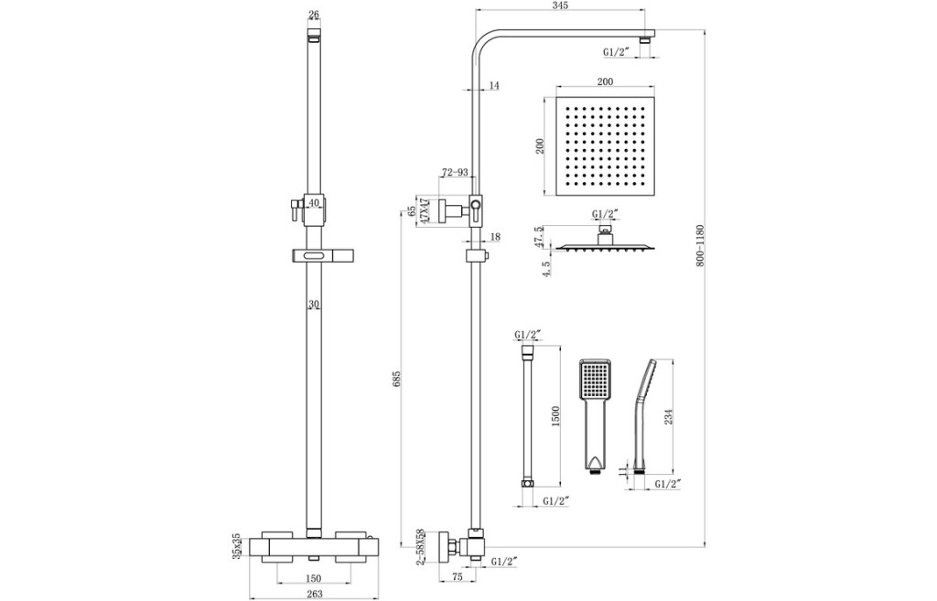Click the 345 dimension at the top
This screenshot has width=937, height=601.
click(561, 7)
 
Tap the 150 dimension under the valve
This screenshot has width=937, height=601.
click(313, 578)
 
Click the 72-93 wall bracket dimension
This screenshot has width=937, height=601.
click(456, 172)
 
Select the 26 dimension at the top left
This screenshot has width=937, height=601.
click(314, 15)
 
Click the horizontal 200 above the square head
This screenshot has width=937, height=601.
click(604, 82)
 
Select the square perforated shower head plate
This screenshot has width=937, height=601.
click(604, 146)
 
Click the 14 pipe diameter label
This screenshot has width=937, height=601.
click(494, 86)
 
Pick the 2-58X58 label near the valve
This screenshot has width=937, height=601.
click(421, 548)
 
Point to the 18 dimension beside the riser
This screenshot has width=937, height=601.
click(495, 237)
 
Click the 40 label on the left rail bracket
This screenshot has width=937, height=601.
click(313, 203)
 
